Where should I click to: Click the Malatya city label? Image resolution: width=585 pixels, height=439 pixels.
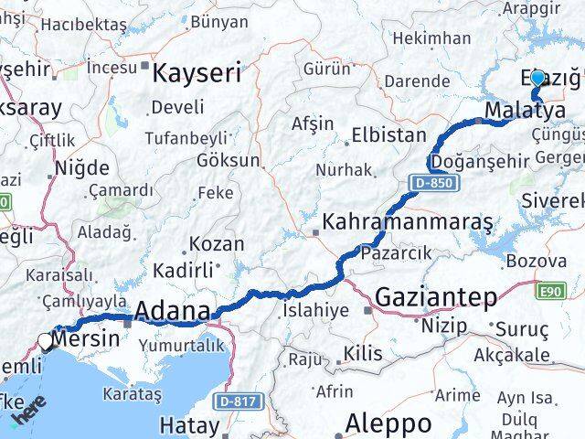(x=525, y=111)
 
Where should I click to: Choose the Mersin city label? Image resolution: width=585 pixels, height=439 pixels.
(x=87, y=338)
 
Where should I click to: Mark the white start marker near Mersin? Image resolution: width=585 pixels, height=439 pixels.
(x=46, y=341)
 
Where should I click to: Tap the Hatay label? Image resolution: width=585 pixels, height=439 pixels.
(x=189, y=425)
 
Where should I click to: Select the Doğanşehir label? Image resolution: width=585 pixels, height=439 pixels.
(x=480, y=161)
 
